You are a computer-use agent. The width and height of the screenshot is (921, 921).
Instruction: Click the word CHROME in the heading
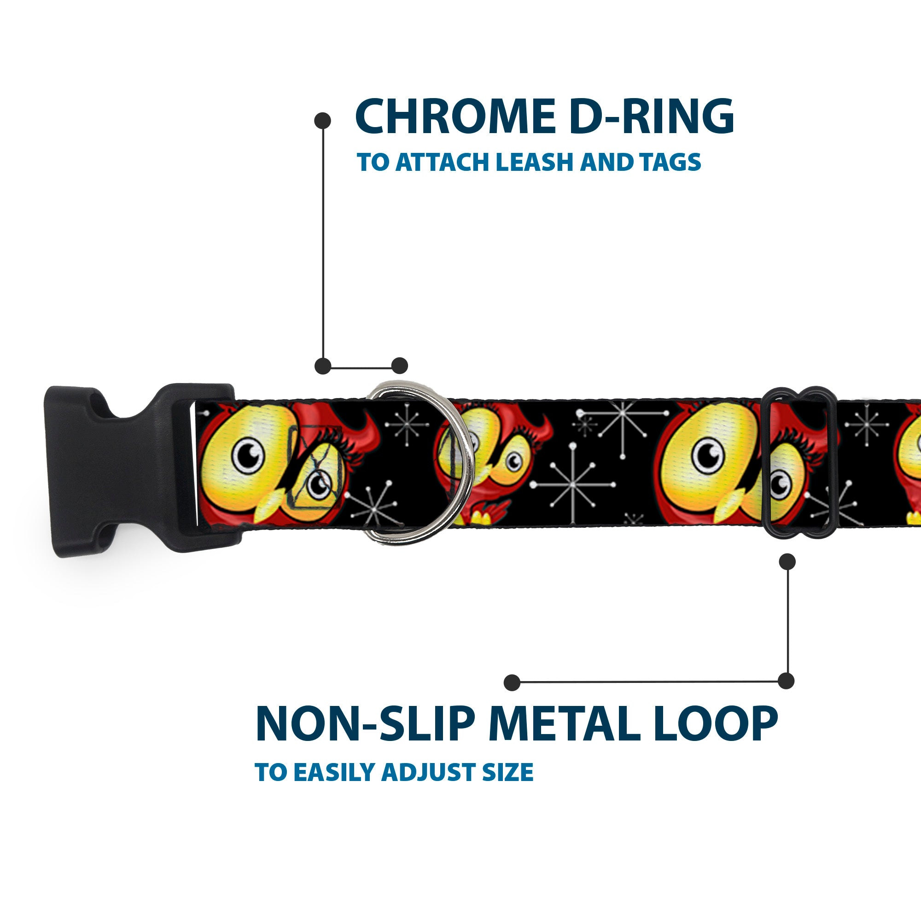[455, 117]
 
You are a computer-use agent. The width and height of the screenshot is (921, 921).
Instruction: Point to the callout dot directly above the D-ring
[399, 366]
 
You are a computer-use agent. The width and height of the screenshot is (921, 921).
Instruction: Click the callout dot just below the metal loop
[787, 561]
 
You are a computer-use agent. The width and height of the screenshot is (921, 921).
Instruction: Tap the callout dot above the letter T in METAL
[512, 682]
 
